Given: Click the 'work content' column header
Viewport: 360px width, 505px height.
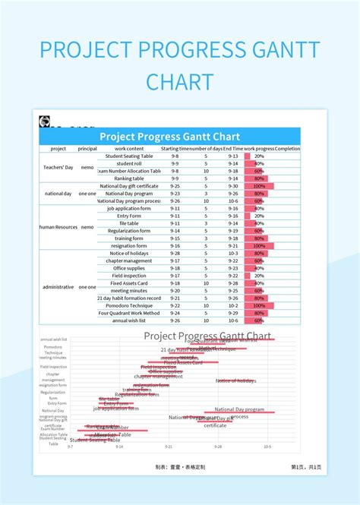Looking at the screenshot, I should click(130, 149).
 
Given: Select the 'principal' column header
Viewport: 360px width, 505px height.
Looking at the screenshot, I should click(87, 149).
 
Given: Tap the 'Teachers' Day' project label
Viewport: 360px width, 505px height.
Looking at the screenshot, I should click(58, 167).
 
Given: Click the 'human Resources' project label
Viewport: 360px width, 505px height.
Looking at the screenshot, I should click(58, 226).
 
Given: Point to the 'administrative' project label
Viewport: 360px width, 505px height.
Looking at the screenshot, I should click(58, 287).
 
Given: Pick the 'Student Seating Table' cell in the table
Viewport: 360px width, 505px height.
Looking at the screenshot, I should click(130, 156).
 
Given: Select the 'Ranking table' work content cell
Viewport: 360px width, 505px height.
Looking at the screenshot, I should click(130, 178).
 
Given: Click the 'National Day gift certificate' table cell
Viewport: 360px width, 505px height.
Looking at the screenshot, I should click(130, 186).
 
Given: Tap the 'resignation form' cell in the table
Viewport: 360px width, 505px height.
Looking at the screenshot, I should click(130, 246).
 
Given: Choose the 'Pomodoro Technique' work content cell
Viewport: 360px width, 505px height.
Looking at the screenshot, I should click(130, 305).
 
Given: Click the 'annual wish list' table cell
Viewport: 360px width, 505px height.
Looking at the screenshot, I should click(130, 320).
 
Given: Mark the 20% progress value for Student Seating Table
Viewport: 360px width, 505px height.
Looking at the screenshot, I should click(259, 156).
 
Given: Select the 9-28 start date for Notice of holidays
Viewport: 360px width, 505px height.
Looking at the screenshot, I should click(175, 253).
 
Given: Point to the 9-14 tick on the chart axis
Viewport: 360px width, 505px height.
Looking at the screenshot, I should click(119, 447).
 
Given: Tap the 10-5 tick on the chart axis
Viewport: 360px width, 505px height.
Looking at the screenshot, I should click(267, 447).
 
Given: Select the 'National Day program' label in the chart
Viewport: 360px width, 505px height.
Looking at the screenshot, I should click(239, 409).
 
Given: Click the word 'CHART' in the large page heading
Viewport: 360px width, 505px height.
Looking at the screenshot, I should click(179, 81).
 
